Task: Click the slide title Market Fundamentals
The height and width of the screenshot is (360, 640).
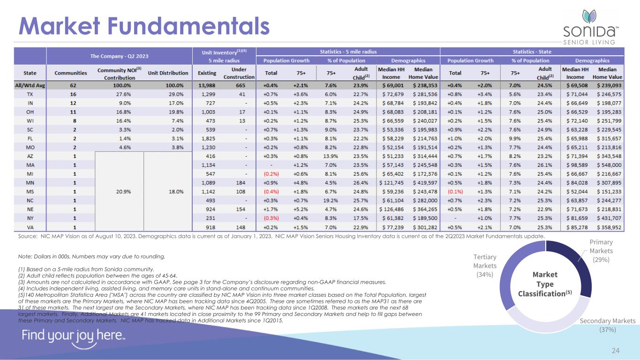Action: coord(143,26)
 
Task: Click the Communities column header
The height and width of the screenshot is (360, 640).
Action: coord(71,73)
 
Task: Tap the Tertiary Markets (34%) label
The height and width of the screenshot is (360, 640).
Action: coord(485,266)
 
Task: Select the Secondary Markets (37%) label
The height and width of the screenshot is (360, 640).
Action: coord(608,325)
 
